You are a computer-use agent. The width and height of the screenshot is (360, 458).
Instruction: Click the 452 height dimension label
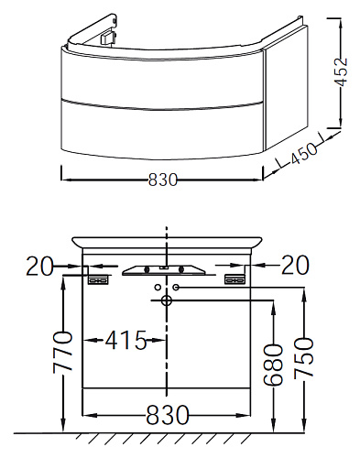coord(341,72)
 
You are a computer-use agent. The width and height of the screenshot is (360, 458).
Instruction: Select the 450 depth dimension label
coord(303,154)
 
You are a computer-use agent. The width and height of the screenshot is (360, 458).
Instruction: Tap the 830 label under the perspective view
coord(162,180)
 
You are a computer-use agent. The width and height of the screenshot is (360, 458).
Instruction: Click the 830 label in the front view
coord(167,415)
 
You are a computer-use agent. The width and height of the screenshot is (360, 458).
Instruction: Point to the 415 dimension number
coord(125,340)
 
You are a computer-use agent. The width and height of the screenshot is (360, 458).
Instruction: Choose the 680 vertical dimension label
coord(273,365)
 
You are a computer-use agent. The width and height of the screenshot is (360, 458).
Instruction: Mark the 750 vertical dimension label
coord(304,358)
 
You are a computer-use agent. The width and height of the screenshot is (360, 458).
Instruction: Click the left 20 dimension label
coord(39,267)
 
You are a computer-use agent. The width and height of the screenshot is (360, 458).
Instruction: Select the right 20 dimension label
coord(295,265)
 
